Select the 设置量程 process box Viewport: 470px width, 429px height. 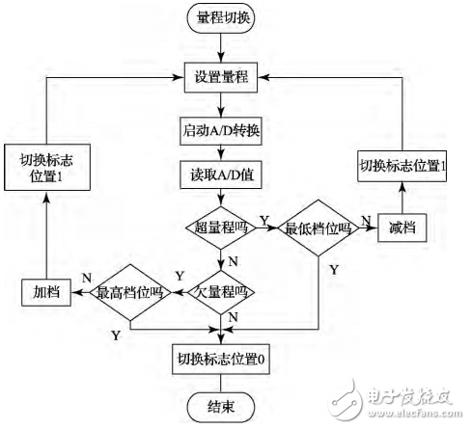(x=223, y=76)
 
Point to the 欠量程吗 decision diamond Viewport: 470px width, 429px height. (x=223, y=289)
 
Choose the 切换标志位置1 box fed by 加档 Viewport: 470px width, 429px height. (x=41, y=173)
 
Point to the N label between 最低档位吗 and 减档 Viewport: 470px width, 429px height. (x=365, y=221)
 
